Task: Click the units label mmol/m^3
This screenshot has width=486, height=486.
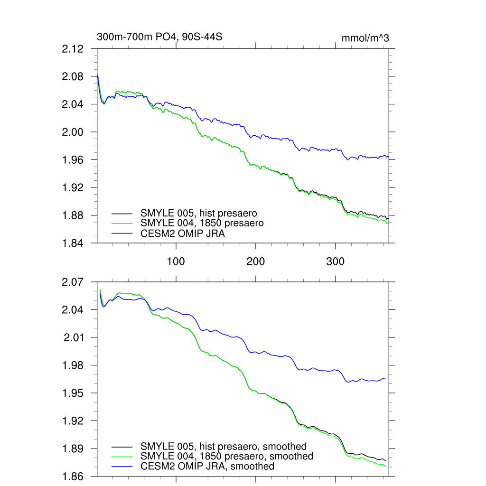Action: (x=365, y=38)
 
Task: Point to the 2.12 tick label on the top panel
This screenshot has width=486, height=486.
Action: (x=73, y=49)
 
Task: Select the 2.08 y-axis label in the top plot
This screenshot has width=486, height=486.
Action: (x=73, y=76)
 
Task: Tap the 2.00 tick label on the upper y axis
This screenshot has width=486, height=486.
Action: (x=73, y=132)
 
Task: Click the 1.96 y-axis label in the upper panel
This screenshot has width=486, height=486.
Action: (x=73, y=160)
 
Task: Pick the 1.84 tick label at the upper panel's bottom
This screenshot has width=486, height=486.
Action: (x=73, y=243)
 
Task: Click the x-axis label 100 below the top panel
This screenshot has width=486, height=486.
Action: (x=176, y=261)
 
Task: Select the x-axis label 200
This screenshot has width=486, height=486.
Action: (x=256, y=261)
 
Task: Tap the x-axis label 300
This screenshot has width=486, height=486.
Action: (x=336, y=261)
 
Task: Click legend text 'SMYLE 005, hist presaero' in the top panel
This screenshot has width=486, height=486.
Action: (x=198, y=213)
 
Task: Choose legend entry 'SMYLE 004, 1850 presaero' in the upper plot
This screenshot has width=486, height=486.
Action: (x=202, y=223)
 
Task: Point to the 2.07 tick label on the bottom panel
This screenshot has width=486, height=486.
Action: (x=73, y=282)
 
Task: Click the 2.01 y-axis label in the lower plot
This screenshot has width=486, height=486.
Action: (x=74, y=337)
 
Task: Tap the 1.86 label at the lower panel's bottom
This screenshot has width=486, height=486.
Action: (x=73, y=476)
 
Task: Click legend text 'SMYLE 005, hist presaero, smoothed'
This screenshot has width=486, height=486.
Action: (x=223, y=446)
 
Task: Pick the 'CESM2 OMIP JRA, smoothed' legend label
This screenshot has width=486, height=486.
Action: (x=207, y=466)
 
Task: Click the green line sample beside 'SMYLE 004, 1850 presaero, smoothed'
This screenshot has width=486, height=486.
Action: (x=122, y=457)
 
